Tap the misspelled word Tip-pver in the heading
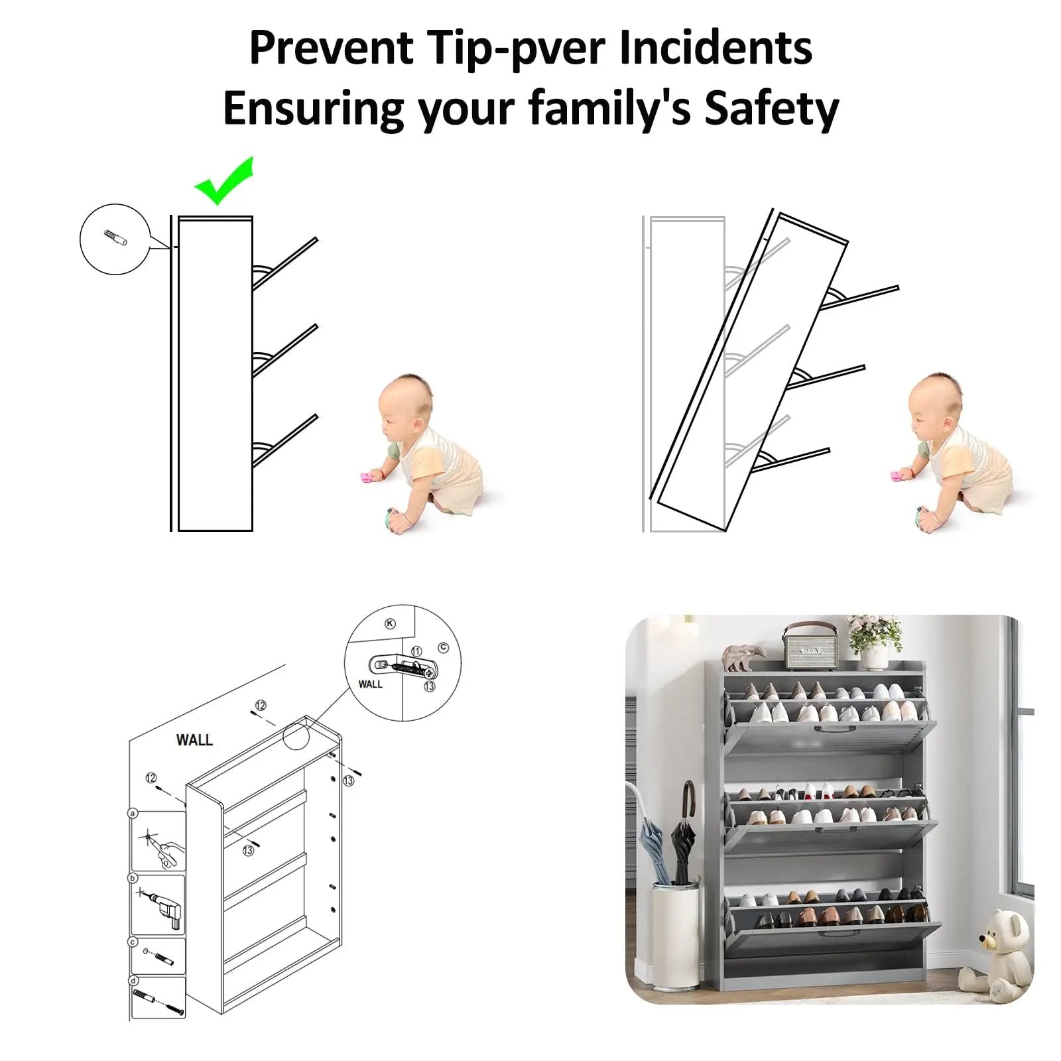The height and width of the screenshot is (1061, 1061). point(516,49)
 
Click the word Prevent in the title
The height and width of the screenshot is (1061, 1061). point(332,48)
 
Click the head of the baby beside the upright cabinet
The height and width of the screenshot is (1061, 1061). point(406,405)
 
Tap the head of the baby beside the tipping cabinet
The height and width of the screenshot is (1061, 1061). point(936,403)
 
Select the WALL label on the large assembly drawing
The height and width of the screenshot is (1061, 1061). point(194,739)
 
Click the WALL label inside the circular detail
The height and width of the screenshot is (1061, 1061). point(370,684)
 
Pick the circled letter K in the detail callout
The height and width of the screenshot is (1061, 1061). point(390,623)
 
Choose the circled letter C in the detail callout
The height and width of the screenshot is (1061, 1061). point(443,647)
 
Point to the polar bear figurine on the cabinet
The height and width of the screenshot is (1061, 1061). point(744,657)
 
